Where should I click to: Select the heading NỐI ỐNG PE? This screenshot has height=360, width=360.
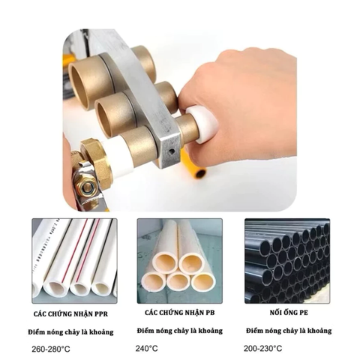(x=287, y=311)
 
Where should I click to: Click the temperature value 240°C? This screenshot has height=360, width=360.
(x=147, y=347)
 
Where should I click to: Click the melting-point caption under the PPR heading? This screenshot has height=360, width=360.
(x=73, y=330)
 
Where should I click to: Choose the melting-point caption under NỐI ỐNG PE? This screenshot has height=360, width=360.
(x=288, y=330)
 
